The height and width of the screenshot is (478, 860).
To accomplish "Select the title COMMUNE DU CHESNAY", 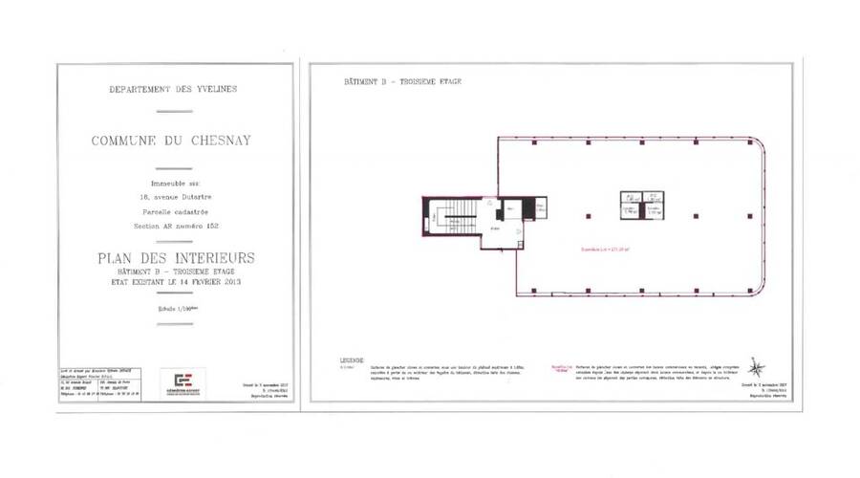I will [173, 141].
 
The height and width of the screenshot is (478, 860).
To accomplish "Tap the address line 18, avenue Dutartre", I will [173, 197].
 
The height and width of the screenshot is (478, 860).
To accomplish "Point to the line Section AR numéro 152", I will [173, 226].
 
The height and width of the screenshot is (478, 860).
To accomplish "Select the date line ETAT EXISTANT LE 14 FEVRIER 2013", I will [173, 284].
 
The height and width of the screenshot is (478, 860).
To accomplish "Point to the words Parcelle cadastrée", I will [173, 211].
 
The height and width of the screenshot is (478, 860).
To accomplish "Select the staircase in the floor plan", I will [459, 214].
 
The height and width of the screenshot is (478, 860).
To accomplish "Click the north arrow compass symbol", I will [756, 366].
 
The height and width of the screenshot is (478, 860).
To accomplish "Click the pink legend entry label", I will [561, 366].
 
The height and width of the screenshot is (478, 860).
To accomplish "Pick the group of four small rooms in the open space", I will [638, 206].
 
